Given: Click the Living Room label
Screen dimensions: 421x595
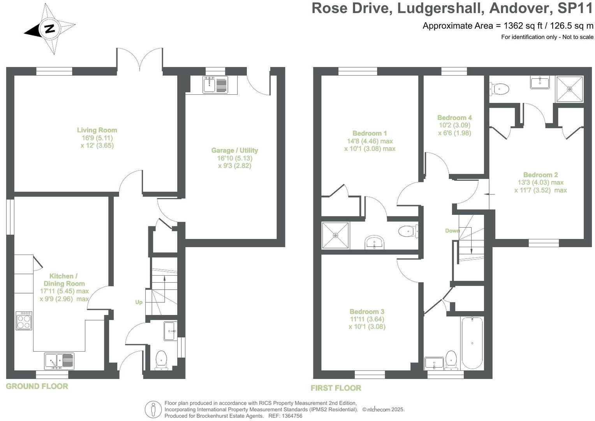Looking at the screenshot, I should [97, 130].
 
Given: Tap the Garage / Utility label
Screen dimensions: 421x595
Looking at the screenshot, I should [234, 150].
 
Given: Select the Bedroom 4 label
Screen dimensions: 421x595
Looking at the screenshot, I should [454, 117].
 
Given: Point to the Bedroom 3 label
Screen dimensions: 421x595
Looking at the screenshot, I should [367, 311].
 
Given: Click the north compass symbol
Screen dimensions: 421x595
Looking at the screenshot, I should [50, 29].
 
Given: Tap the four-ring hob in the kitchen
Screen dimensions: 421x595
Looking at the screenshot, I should [24, 320].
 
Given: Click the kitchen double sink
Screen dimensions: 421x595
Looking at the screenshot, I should [59, 361].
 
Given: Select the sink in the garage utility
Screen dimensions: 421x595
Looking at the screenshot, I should [215, 85].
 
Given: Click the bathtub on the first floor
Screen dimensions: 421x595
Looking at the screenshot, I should [472, 343].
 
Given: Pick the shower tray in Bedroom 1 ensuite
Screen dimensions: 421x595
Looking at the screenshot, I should [335, 235].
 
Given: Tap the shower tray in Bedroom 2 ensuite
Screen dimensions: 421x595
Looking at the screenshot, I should [570, 89].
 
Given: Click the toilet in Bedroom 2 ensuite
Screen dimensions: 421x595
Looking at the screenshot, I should [499, 89].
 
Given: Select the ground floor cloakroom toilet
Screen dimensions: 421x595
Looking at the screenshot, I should [161, 359].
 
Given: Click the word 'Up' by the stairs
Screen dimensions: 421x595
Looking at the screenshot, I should [139, 302].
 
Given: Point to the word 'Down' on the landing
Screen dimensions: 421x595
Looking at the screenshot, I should [452, 231].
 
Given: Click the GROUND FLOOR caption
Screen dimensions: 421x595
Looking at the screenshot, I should [37, 386].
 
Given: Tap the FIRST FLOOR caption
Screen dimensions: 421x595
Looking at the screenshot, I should [336, 388].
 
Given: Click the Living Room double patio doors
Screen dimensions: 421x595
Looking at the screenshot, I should [139, 60].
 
